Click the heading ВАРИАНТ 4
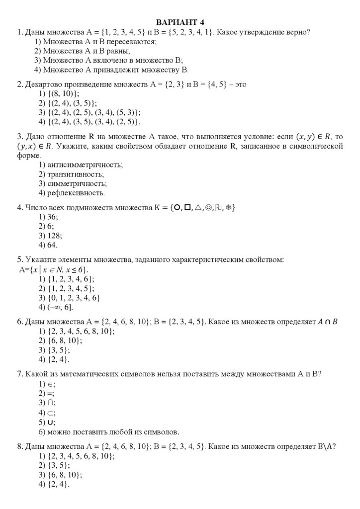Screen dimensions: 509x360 pyautogui.click(x=180, y=22)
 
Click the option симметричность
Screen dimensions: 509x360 pyautogui.click(x=74, y=183)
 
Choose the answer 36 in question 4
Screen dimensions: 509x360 pyautogui.click(x=52, y=217)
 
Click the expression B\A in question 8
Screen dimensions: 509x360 pyautogui.click(x=325, y=446)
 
